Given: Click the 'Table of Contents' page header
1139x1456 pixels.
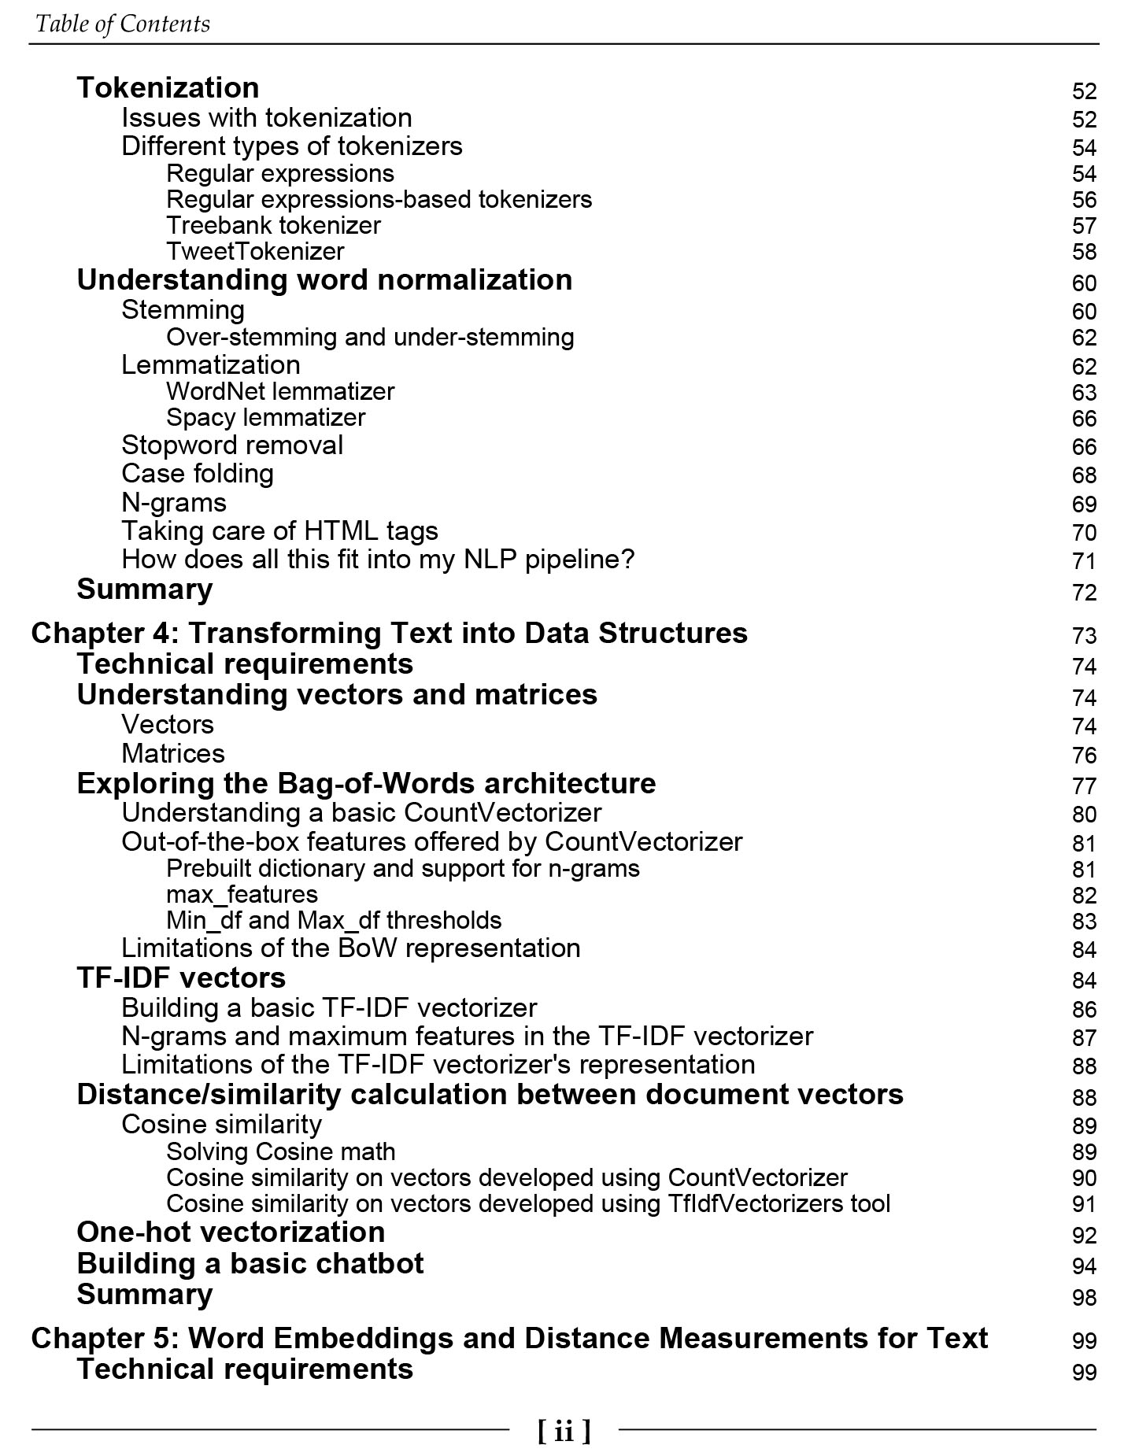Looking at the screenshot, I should point(123,24).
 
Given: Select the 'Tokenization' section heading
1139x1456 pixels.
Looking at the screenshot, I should point(168,87).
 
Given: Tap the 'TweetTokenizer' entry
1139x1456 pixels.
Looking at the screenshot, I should point(255,252).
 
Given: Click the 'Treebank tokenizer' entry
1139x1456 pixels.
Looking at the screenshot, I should point(273,226).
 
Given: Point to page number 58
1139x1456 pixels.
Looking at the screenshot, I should point(1083,252).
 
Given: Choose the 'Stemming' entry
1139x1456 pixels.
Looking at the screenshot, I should point(183,310).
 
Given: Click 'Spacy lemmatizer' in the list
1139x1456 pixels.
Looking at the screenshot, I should point(265,418).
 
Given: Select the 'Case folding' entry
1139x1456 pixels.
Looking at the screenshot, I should point(198,474).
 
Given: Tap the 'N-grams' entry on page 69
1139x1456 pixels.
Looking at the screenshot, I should point(174,503).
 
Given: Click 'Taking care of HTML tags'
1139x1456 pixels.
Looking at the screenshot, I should point(279,531).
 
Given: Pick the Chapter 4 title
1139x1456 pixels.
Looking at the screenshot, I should point(389,633).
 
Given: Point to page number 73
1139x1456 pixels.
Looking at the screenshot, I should point(1083,636).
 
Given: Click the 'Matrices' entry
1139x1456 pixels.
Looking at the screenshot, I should point(173,754).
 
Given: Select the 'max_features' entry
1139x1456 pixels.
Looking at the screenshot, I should point(242,895).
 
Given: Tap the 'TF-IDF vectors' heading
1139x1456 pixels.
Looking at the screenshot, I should point(181,978).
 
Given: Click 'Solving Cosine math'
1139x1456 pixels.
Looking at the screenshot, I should point(280,1152).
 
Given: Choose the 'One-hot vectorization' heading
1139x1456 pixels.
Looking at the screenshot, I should point(231,1232).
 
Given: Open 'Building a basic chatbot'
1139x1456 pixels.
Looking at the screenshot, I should point(250,1264).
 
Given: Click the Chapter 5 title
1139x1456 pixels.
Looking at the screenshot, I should point(508,1338).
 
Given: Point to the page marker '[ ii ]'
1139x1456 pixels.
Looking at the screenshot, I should point(564,1430).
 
